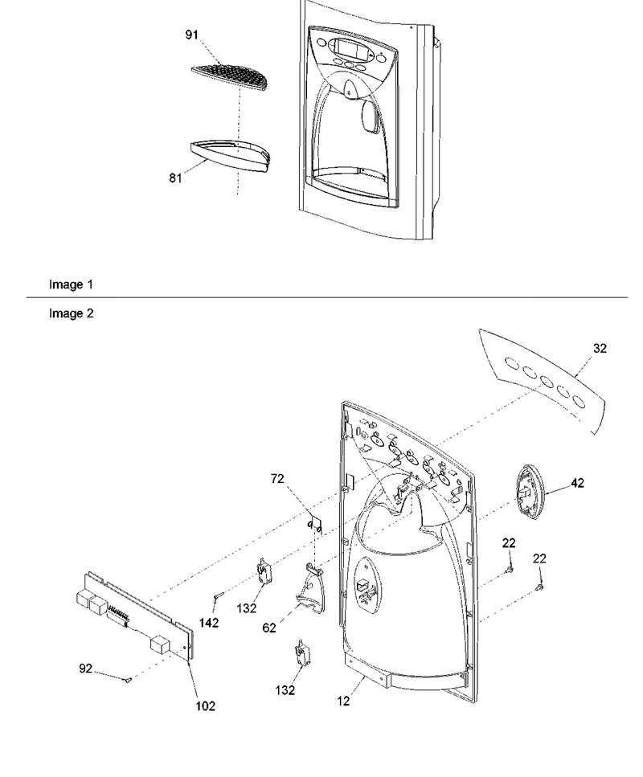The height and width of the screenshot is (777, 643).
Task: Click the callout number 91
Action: click(192, 35)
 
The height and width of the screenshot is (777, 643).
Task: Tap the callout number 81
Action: click(175, 178)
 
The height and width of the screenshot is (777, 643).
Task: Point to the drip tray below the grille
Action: click(231, 157)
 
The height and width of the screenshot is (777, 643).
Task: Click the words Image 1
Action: click(71, 284)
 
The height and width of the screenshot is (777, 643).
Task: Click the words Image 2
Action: click(71, 313)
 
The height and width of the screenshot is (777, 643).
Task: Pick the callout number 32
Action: click(600, 349)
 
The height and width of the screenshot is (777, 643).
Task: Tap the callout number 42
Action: click(578, 483)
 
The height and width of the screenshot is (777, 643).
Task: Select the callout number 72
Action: click(277, 479)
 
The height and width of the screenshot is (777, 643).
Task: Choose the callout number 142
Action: click(209, 623)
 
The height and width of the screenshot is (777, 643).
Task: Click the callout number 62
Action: click(269, 628)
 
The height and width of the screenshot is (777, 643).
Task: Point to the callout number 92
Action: click(86, 669)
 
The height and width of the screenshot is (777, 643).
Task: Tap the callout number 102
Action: click(206, 705)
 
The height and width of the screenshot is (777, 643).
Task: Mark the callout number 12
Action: click(343, 701)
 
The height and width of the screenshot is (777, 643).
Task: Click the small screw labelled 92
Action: click(128, 681)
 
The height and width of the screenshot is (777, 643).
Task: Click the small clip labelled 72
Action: click(314, 526)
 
